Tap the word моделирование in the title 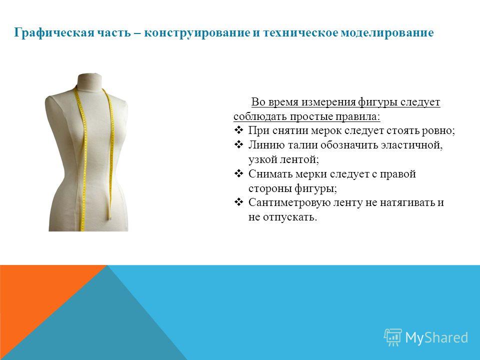387,32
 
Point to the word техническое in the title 300,32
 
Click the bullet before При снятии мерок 238,130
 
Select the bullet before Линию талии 238,144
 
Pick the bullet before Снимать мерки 238,173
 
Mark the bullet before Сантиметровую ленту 238,202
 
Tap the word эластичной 411,145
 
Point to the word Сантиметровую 287,202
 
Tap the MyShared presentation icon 393,337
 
